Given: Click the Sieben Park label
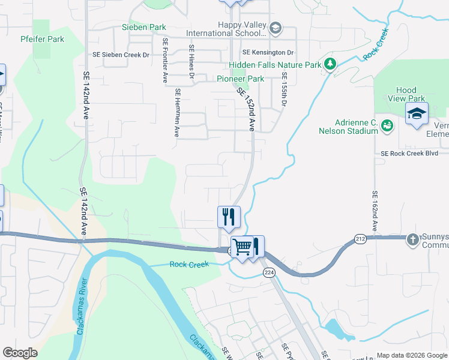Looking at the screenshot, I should (x=143, y=27).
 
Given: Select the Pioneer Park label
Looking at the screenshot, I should (x=240, y=79).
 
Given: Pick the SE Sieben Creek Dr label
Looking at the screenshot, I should (x=120, y=54).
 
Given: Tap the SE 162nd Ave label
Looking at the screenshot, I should (x=375, y=211).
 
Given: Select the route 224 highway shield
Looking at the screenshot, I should (x=268, y=272).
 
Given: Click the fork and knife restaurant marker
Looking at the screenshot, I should (x=229, y=217).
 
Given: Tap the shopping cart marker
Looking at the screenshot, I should (x=243, y=246).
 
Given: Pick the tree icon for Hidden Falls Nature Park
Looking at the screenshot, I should (x=329, y=63).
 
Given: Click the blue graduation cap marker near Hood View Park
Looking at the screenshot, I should (x=417, y=113).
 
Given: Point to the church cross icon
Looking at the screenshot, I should (x=412, y=239).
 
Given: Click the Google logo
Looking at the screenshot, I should (x=20, y=353).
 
